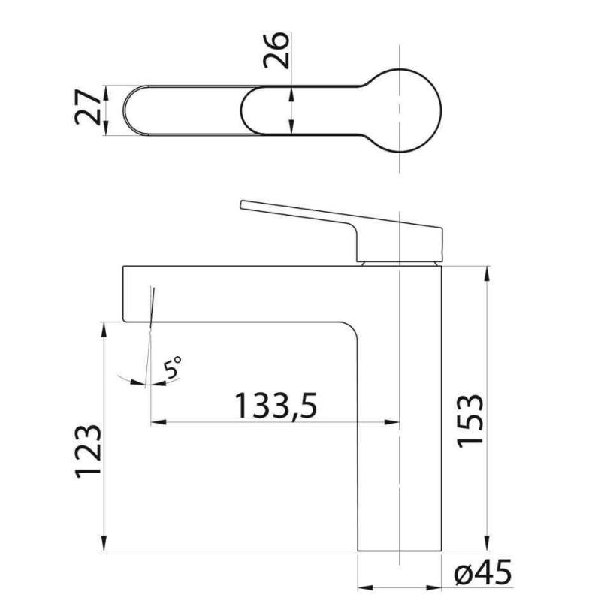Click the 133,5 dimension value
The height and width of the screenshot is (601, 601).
coord(276,406)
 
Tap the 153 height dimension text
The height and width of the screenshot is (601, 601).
coord(471,421)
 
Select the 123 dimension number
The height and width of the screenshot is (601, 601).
coord(89,452)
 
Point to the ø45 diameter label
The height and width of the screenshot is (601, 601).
coord(483,572)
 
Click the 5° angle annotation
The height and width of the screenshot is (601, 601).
coord(172,367)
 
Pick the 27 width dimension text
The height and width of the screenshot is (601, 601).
coord(88,107)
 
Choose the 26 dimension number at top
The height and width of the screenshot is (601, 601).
coord(276,50)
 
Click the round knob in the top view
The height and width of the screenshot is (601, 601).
coord(400,110)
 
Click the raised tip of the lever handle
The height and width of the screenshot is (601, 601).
coord(242,204)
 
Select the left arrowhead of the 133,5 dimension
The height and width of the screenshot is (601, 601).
coord(159,422)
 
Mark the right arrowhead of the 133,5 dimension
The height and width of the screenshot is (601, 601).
coord(391,422)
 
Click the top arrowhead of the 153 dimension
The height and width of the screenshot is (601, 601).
coord(487,273)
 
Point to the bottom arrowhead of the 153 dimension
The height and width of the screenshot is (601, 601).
coord(487,543)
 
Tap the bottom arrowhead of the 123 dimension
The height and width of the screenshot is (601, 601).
coord(104,543)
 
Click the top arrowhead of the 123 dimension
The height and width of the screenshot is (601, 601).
coord(104,330)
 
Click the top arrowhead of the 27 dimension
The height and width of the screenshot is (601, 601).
coord(106,93)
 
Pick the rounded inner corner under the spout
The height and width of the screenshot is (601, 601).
coord(351,328)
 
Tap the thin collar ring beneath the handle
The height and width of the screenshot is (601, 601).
coord(400,264)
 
